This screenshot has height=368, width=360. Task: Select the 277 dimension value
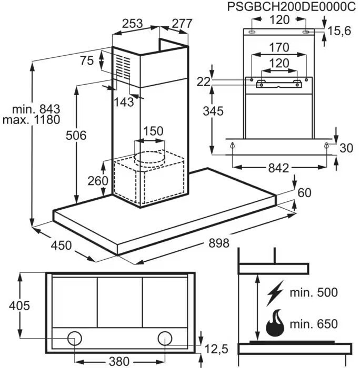[x=181, y=24]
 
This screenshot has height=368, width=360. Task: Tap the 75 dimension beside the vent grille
[x=87, y=60]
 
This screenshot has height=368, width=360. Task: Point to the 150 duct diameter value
[x=153, y=131]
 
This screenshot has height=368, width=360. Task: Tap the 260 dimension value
[x=98, y=181]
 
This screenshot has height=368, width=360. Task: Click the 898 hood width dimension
[x=219, y=243]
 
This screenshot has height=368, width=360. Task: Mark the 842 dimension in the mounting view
[x=278, y=168]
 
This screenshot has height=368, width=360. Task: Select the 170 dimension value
[x=279, y=47]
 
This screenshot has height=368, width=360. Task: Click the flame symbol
[x=275, y=324]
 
